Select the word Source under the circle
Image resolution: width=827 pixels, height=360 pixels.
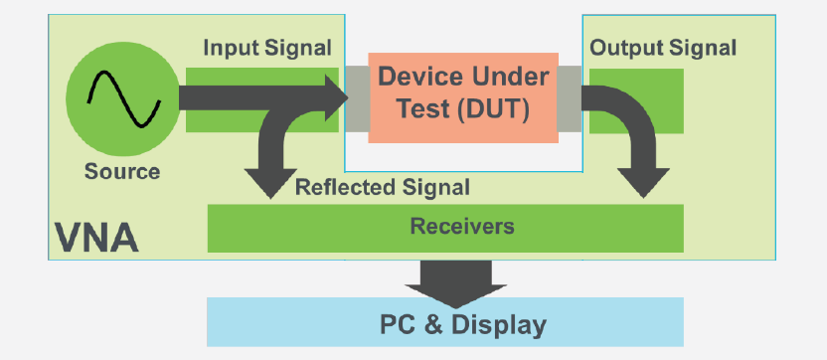click(x=121, y=171)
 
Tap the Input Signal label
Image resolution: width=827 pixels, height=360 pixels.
click(x=267, y=48)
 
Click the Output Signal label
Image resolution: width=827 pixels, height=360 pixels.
click(x=663, y=48)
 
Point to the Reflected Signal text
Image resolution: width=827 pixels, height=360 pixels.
click(x=383, y=187)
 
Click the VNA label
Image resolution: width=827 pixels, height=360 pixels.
click(x=96, y=239)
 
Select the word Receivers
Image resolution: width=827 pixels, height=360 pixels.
click(x=462, y=227)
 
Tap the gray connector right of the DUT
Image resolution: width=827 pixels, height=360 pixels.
click(x=568, y=97)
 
